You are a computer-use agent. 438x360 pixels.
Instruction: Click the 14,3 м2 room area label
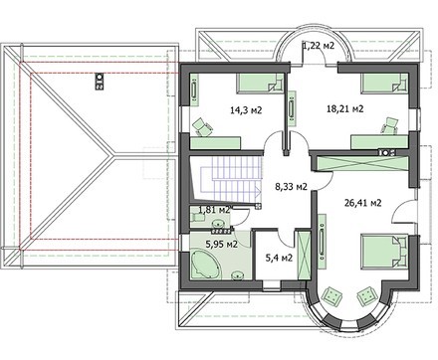[x=246, y=109]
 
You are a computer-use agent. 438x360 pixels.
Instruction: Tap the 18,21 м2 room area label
[x=345, y=108]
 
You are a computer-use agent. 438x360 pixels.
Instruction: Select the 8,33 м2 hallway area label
[x=291, y=187]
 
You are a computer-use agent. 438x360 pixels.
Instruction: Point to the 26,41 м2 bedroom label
[x=362, y=203]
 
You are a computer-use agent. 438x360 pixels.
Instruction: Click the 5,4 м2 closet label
[x=279, y=258]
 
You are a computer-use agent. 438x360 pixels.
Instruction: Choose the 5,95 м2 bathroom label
[x=221, y=245]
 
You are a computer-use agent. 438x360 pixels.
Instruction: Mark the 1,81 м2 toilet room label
[x=214, y=209]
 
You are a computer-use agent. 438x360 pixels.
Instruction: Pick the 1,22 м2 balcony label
[x=318, y=46]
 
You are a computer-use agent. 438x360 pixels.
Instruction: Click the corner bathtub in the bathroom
[x=206, y=265]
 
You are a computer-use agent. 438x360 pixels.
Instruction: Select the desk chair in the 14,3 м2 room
[x=202, y=127]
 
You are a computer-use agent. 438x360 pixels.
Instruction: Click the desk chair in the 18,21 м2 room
[x=390, y=126]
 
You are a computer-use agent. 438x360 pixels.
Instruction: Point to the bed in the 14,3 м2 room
[x=260, y=83]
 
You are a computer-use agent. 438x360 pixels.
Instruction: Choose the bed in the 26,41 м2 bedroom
[x=384, y=252]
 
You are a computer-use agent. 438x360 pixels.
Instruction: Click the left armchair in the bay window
[x=332, y=295]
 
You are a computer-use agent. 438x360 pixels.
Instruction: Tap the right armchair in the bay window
[x=366, y=295]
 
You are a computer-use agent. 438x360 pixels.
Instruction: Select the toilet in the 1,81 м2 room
[x=197, y=217]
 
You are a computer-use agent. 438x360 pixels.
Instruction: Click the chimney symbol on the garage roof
[x=99, y=82]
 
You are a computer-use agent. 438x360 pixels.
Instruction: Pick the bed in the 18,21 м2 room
[x=384, y=83]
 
